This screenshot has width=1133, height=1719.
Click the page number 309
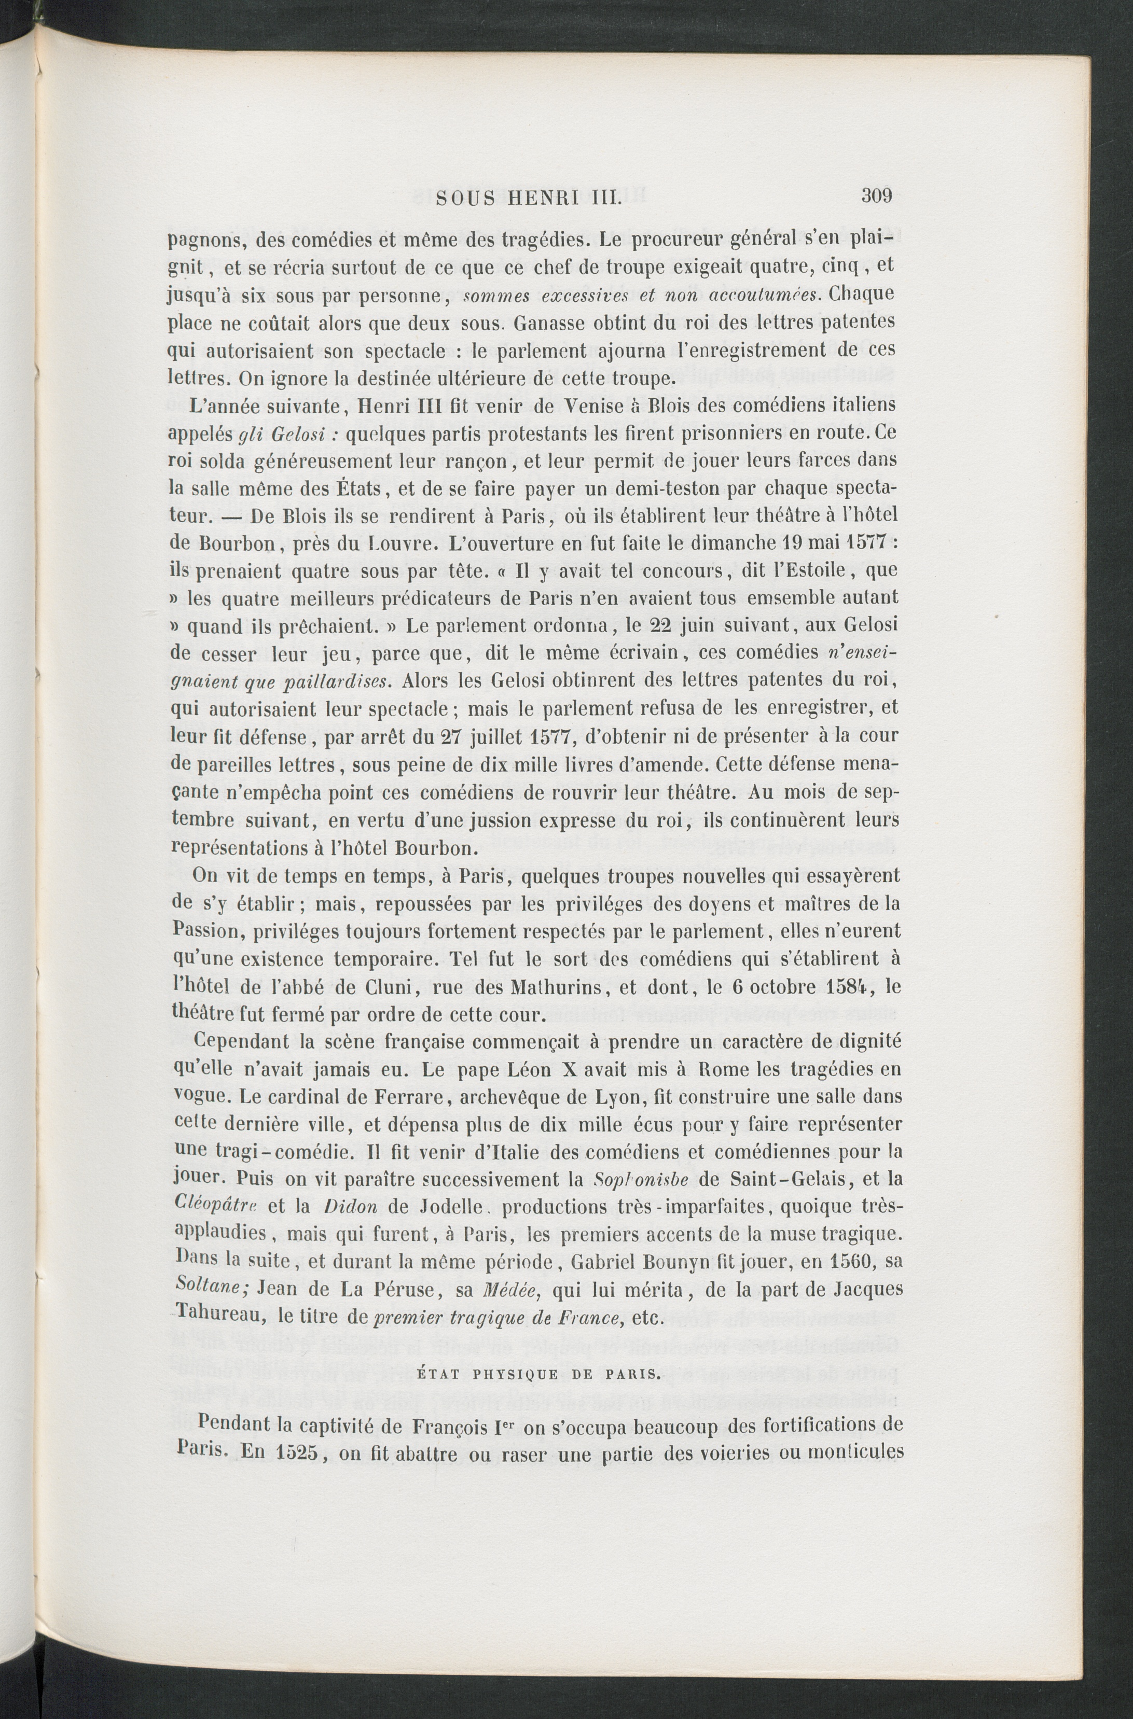tap(878, 195)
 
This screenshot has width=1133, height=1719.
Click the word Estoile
tap(820, 570)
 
